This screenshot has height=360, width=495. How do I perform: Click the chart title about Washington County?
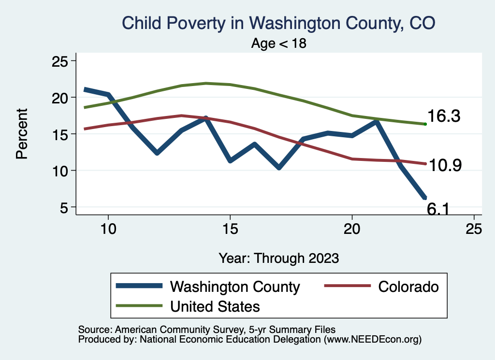click(279, 23)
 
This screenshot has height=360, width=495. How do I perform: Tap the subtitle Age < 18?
click(279, 43)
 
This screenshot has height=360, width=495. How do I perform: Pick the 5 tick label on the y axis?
click(63, 207)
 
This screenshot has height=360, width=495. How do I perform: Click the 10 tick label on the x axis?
click(108, 228)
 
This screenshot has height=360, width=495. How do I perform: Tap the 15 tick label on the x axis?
click(230, 228)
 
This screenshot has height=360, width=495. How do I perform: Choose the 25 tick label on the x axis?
click(474, 228)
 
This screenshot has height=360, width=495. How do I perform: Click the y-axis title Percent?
click(22, 134)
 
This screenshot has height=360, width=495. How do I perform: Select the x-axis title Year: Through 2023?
click(279, 258)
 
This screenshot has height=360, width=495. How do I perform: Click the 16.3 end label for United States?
click(443, 116)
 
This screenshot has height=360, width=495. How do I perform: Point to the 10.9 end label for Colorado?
click(445, 165)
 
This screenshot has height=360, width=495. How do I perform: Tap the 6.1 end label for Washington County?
click(439, 208)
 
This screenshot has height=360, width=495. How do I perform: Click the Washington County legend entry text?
click(235, 287)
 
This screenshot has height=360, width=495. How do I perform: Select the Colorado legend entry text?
click(408, 287)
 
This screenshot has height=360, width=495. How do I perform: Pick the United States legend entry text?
click(215, 306)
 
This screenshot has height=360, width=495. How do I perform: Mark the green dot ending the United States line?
click(425, 124)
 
